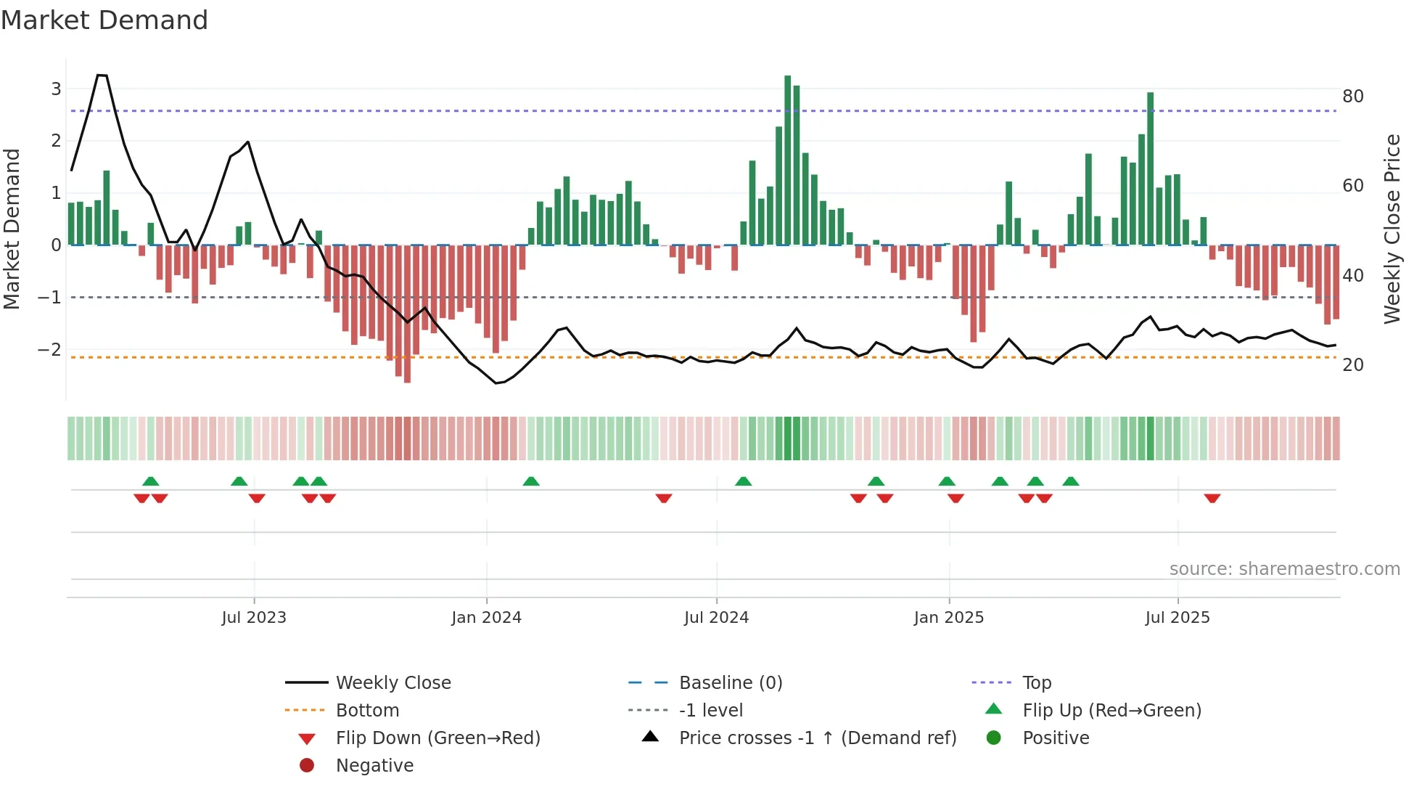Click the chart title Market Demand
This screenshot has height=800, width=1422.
(x=104, y=20)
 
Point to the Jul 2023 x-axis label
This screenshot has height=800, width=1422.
(x=254, y=618)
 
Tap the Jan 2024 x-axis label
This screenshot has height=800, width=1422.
(x=486, y=618)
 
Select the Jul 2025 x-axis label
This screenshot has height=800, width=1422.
(x=1178, y=618)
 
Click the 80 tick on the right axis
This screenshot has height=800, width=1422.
(x=1352, y=97)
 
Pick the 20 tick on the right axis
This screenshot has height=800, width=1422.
(x=1352, y=365)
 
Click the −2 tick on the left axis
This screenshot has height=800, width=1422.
(x=49, y=349)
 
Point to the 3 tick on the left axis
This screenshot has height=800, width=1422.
(x=56, y=89)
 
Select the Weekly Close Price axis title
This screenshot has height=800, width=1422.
(x=1392, y=229)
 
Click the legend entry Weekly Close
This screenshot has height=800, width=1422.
(x=393, y=683)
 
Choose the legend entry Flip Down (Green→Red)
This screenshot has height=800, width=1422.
(x=437, y=738)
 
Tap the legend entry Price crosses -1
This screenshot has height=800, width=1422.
(x=817, y=738)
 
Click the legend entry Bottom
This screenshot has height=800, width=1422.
(x=367, y=711)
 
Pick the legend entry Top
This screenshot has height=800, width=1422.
(x=1037, y=683)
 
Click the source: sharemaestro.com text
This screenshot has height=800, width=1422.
(x=1284, y=569)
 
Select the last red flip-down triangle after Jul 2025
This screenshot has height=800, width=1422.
(x=1212, y=499)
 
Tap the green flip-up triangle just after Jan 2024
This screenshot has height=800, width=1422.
(x=531, y=481)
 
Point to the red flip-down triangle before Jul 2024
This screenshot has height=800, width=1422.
(x=663, y=499)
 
